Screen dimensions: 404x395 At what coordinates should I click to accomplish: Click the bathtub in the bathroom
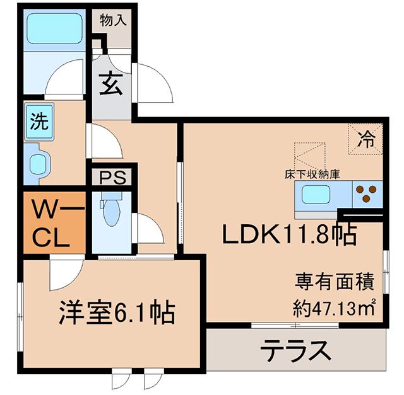pos(54,29)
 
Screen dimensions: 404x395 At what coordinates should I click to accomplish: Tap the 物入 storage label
pos(114,20)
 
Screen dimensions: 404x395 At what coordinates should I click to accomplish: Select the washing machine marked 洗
pos(39,122)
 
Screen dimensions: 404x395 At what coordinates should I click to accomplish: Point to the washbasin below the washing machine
pos(37,164)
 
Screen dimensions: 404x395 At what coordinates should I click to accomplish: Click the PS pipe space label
pos(113,177)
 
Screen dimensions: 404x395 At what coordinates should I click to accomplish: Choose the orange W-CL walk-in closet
pos(54,222)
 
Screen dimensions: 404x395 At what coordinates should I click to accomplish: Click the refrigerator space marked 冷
pos(365,139)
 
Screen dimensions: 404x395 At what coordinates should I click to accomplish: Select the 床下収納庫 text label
pos(312,174)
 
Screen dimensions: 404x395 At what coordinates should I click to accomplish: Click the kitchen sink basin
pos(316,195)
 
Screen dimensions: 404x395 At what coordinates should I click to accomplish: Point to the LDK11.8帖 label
pos(289,234)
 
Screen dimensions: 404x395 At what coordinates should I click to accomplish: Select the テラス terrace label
pos(295,350)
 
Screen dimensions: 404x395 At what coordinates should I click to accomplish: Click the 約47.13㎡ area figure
pos(333,307)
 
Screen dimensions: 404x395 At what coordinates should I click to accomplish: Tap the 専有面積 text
pos(334,282)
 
